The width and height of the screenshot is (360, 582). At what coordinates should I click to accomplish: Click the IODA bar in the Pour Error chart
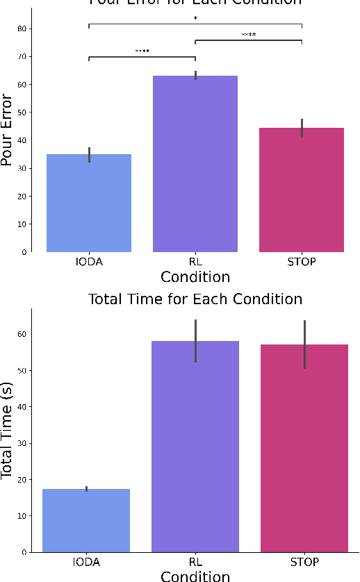click(x=89, y=203)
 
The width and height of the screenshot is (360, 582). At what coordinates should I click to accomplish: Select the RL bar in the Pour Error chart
click(x=195, y=164)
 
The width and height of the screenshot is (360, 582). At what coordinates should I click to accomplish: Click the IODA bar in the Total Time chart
click(x=86, y=520)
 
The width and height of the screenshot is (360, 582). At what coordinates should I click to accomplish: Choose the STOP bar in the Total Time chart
click(x=304, y=448)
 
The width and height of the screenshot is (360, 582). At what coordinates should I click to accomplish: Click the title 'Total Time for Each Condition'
click(x=195, y=299)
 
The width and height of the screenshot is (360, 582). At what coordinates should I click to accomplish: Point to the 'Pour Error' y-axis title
click(x=7, y=140)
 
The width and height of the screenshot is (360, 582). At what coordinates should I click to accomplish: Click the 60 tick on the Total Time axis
click(x=26, y=334)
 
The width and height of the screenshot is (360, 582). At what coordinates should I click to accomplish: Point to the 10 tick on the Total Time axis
click(x=26, y=516)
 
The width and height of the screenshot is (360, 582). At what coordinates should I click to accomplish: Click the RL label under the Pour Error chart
click(x=195, y=263)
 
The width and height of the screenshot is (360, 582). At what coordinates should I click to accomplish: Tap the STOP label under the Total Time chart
click(x=304, y=563)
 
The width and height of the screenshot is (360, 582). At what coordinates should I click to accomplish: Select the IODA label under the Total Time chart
click(x=86, y=563)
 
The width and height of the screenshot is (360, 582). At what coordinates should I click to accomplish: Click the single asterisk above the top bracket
click(x=195, y=19)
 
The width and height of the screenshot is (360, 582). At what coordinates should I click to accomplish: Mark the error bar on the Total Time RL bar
click(x=196, y=340)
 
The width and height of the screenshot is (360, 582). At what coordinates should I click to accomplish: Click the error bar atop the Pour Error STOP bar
click(x=302, y=128)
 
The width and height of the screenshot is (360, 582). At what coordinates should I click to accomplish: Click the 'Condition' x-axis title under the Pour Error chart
click(x=195, y=277)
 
